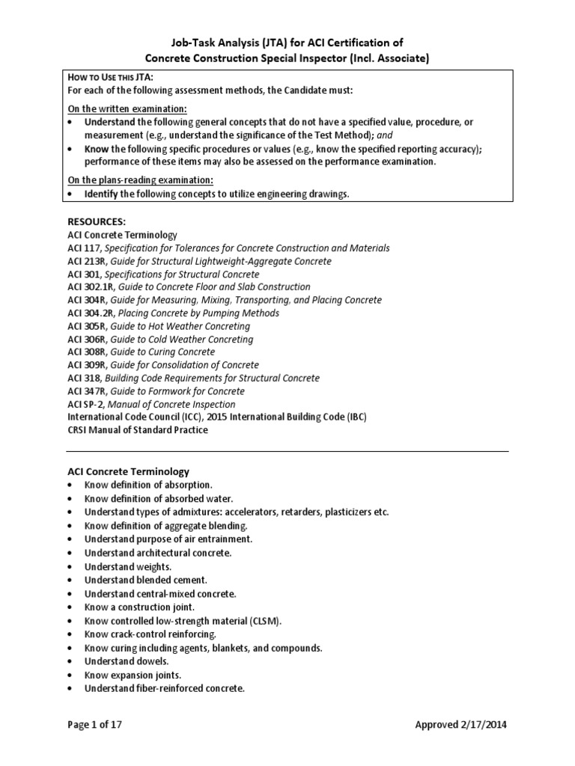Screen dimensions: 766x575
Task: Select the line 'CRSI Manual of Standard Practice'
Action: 138,430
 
